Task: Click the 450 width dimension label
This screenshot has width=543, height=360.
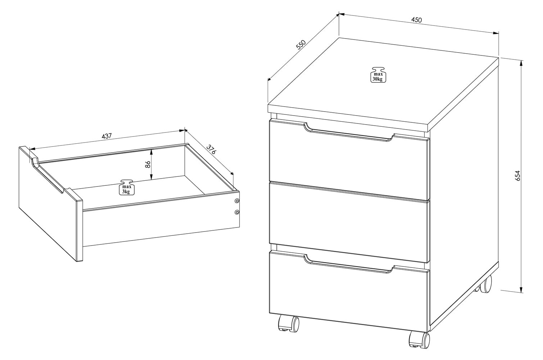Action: click(416, 20)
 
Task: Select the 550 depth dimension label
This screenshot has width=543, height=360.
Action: click(301, 45)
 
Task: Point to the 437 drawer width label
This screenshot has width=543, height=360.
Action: click(107, 136)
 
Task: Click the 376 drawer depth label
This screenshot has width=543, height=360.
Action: click(211, 149)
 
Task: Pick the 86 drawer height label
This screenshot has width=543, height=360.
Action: click(148, 165)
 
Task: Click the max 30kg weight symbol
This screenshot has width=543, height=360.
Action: click(378, 75)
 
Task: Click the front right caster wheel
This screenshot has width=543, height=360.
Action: click(420, 339)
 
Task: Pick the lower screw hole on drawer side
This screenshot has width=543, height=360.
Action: click(237, 212)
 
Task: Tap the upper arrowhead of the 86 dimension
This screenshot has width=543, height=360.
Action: click(151, 152)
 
